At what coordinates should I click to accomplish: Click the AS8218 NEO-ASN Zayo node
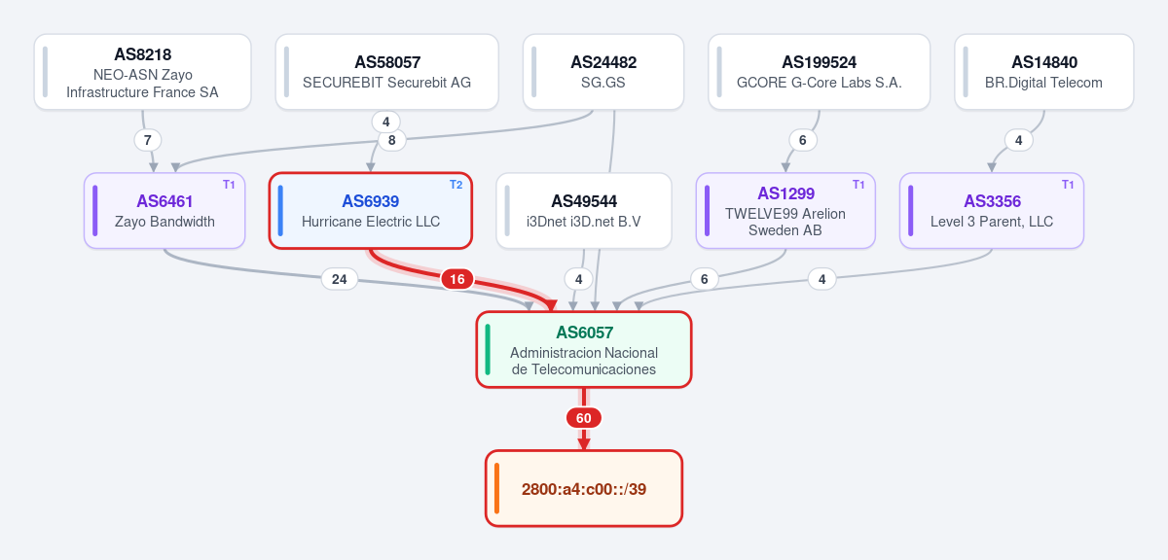(142, 72)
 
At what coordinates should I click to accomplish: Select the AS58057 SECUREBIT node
(387, 72)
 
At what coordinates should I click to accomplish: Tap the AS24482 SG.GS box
(603, 72)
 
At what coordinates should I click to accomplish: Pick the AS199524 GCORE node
(820, 72)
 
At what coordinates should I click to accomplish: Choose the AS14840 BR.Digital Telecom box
(1043, 72)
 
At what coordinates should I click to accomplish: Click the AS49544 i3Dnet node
(584, 210)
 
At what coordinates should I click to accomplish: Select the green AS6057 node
(584, 350)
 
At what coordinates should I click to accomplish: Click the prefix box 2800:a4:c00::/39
(584, 489)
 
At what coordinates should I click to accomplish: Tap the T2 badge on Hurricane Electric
(456, 185)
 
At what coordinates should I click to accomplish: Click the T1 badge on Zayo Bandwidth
(229, 185)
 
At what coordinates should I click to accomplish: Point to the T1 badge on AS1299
(858, 185)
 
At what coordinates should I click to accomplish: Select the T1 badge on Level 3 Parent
(1068, 185)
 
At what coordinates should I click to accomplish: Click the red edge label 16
(457, 279)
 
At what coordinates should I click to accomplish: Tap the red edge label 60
(583, 418)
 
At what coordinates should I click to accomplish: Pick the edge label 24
(340, 279)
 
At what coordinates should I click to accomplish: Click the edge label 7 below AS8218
(148, 140)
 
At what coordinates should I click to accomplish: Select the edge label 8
(391, 140)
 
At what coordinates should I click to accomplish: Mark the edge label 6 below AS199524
(802, 140)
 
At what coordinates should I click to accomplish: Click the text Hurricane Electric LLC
(371, 222)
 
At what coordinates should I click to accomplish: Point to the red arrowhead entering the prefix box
(584, 444)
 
